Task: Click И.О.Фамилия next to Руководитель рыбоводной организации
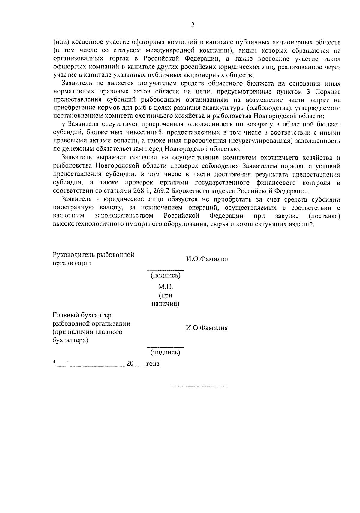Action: [x=207, y=259]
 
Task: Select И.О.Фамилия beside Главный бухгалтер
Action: [x=207, y=328]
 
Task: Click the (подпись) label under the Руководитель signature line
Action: [x=165, y=275]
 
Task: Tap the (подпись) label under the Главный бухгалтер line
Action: [x=165, y=352]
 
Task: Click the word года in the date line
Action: [x=153, y=364]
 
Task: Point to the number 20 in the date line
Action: [x=130, y=363]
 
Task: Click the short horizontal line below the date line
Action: [x=199, y=387]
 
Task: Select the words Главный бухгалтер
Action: [x=82, y=315]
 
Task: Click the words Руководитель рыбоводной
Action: [x=93, y=255]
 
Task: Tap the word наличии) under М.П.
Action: [x=165, y=304]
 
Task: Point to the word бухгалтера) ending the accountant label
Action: [x=70, y=340]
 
